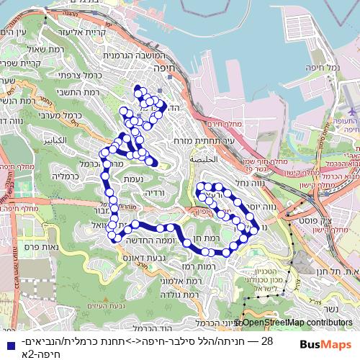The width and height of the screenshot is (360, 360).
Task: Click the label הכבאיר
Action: click(53, 139)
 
